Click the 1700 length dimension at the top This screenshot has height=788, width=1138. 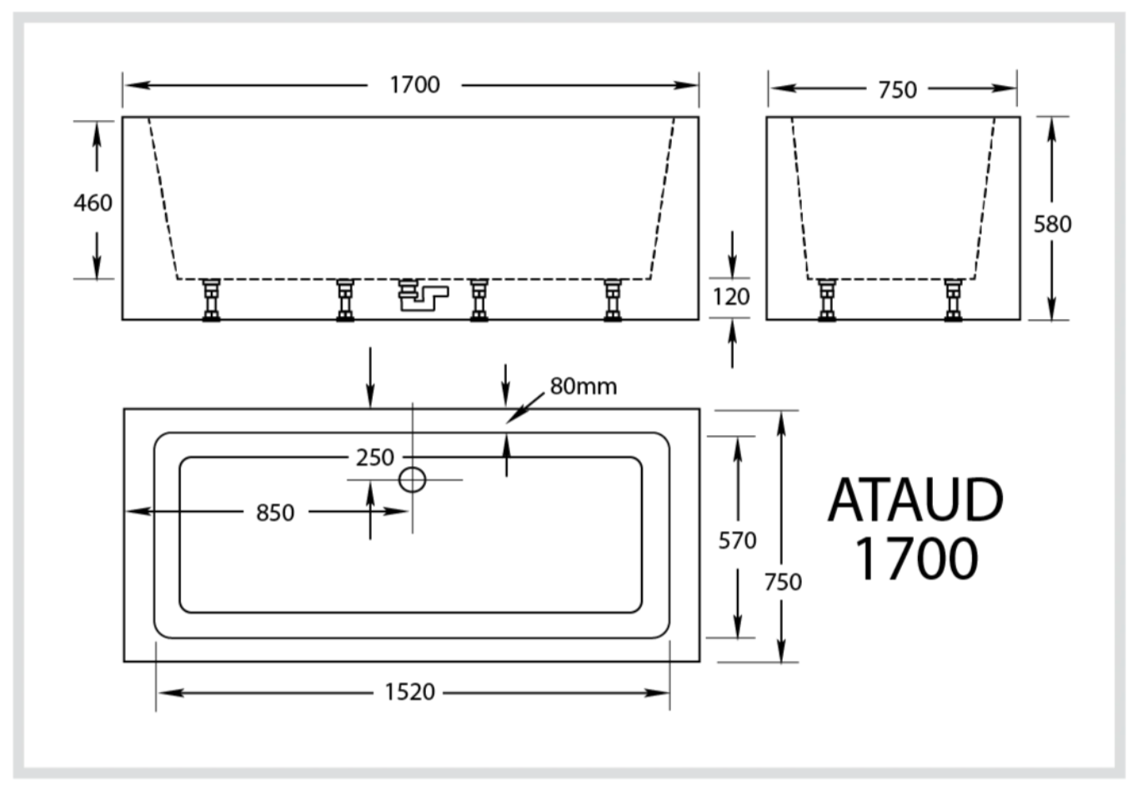[x=414, y=85]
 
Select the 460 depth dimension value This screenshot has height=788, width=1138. [x=93, y=203]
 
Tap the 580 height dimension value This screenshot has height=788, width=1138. [x=1052, y=223]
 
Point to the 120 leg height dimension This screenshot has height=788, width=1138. [x=731, y=297]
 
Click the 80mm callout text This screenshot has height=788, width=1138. [x=584, y=387]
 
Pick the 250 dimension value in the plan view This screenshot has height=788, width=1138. [x=374, y=458]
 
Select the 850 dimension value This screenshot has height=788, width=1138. [x=275, y=513]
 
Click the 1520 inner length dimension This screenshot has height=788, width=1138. [x=409, y=692]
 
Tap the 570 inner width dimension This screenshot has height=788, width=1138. [x=737, y=541]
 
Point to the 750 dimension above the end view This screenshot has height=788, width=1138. [x=897, y=89]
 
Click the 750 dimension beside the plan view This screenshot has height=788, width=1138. [x=783, y=581]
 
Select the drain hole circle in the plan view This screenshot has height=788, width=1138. [x=413, y=479]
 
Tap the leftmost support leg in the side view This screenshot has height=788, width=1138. [x=211, y=300]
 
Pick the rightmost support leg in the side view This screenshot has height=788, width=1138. [x=613, y=300]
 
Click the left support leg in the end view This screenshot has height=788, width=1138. [x=827, y=300]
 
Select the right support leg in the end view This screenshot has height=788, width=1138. [x=953, y=300]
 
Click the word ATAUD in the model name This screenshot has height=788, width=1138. [x=915, y=500]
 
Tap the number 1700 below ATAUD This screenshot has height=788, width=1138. [x=916, y=558]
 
